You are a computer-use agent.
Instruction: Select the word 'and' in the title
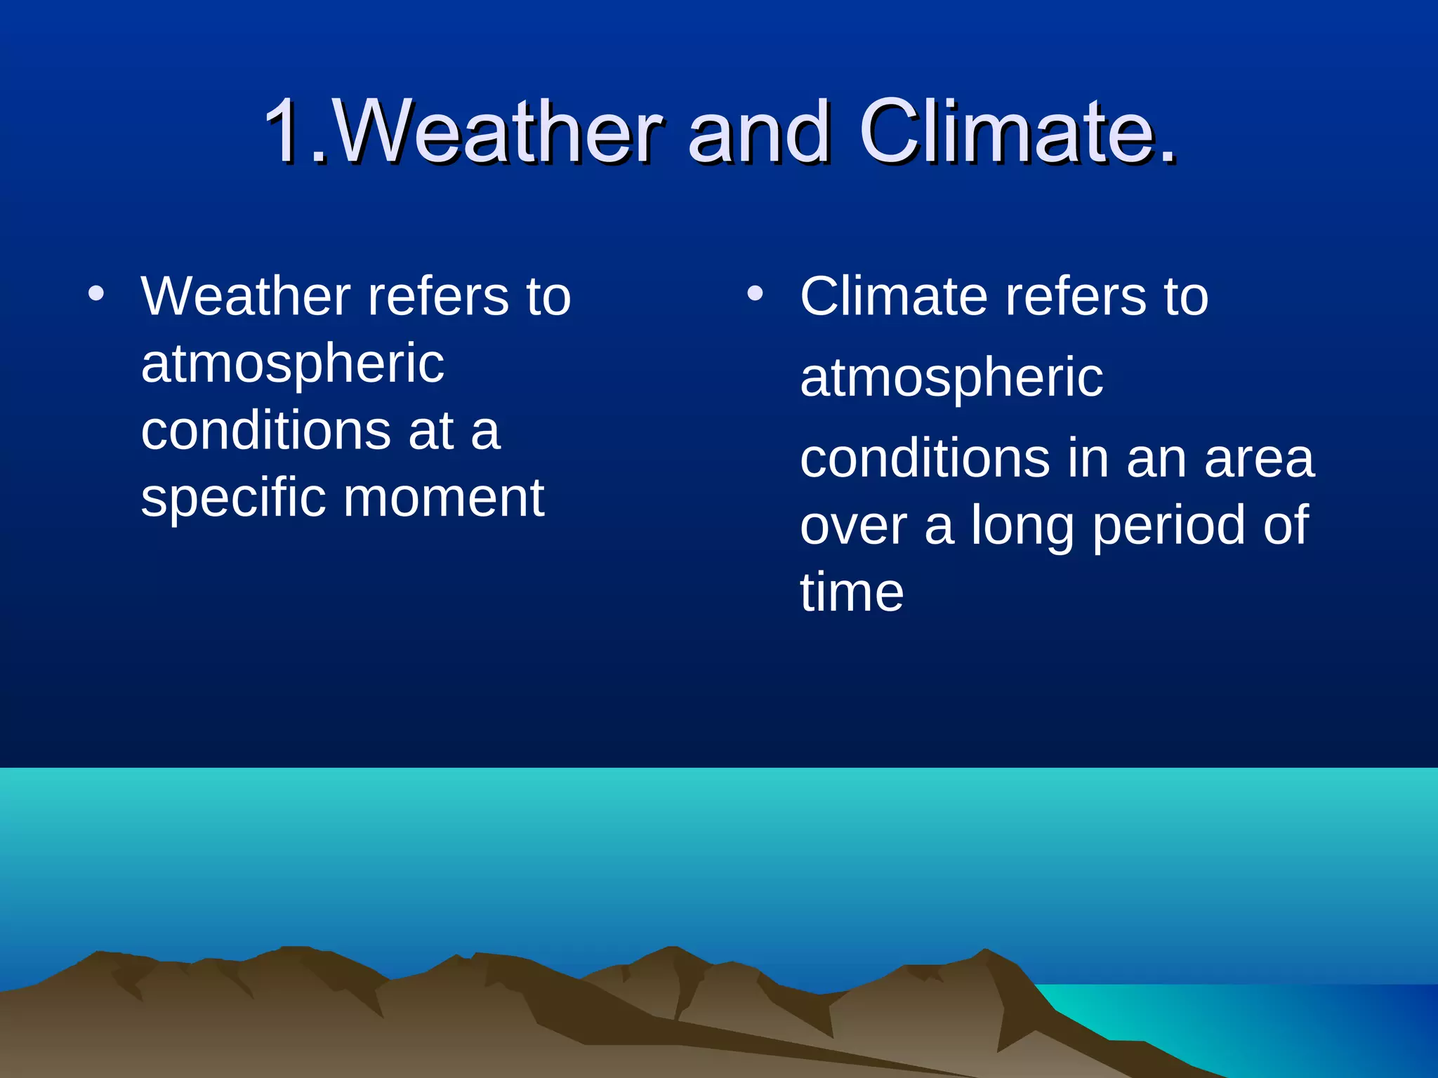(x=759, y=132)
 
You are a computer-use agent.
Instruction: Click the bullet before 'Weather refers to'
(x=96, y=294)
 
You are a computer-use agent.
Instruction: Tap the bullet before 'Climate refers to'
(x=755, y=294)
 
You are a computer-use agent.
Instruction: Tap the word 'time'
(x=851, y=592)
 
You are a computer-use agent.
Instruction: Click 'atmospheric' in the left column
(x=292, y=365)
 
